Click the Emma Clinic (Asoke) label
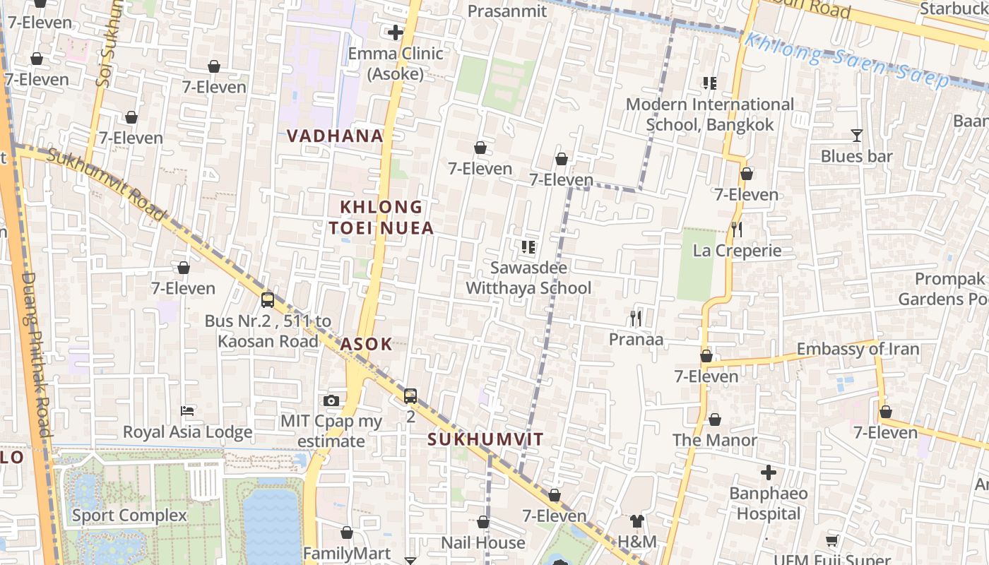click(x=396, y=63)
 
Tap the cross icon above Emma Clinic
click(x=396, y=32)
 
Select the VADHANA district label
click(x=335, y=136)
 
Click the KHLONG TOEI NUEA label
click(x=381, y=218)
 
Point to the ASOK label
click(x=366, y=344)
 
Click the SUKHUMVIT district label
click(x=485, y=439)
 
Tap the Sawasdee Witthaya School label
click(x=528, y=278)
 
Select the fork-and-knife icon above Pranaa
click(x=636, y=319)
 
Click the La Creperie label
click(x=737, y=251)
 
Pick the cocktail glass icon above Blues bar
click(x=856, y=135)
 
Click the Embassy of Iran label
click(x=858, y=349)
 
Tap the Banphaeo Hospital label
click(x=769, y=503)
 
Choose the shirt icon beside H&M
click(x=636, y=521)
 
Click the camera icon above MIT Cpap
click(x=331, y=400)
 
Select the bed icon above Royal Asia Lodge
click(x=187, y=410)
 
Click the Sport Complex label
click(x=129, y=516)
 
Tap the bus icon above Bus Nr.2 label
click(x=268, y=299)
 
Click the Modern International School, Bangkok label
click(x=710, y=114)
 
